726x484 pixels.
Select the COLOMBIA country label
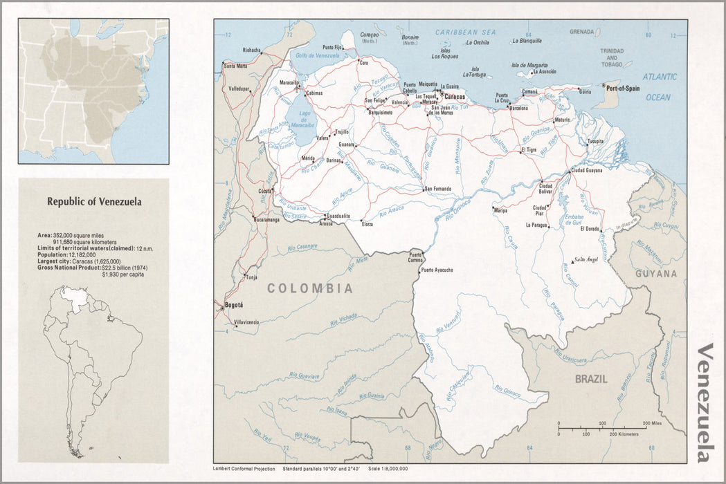click(x=310, y=288)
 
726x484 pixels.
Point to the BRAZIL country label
click(x=590, y=379)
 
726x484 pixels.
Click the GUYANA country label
click(x=657, y=274)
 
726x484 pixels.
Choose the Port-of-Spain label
click(x=623, y=88)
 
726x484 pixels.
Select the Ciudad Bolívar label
click(x=545, y=189)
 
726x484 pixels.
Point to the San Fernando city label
click(x=437, y=189)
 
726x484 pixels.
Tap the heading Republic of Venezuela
click(x=94, y=202)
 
